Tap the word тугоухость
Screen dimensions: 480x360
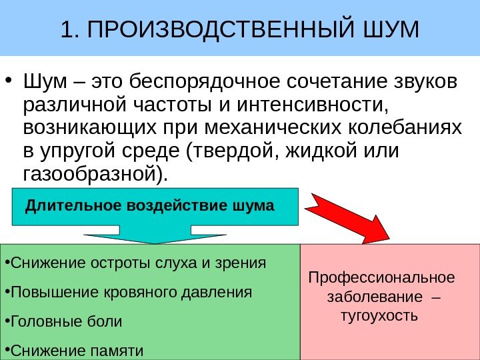point(379,313)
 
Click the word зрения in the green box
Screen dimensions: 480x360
point(242,263)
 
